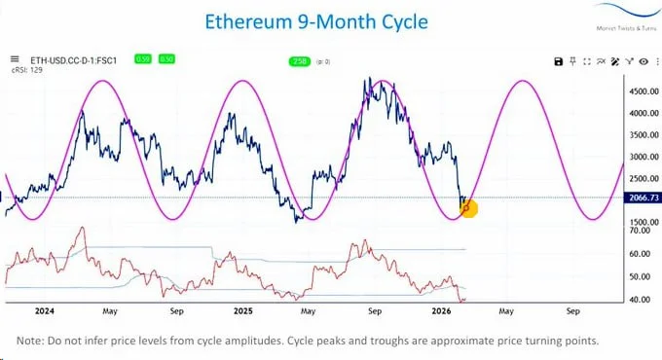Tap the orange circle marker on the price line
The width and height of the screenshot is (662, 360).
pos(467,206)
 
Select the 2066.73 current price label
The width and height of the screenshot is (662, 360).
pos(641,198)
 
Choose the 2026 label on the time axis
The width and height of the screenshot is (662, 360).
pos(440,313)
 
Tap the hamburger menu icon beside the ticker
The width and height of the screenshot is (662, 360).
pos(14,59)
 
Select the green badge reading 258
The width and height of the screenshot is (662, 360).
pos(299,61)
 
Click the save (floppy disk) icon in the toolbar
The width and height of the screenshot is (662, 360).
pos(559,61)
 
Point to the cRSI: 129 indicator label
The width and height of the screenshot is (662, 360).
pos(26,71)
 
